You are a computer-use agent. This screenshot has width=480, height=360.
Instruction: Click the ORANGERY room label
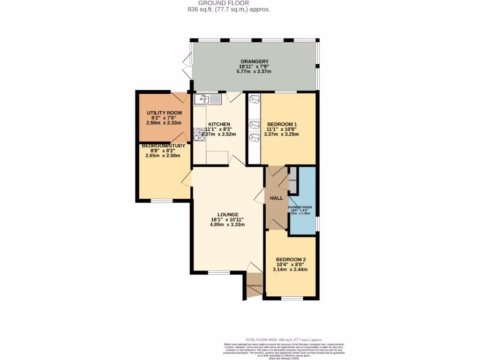click(255, 61)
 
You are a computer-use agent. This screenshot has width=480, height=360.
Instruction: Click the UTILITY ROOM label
click(164, 113)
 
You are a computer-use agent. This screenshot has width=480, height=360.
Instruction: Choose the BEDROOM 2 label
click(291, 259)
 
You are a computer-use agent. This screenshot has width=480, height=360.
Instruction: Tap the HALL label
click(276, 198)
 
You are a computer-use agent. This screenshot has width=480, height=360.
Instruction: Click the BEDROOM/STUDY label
click(164, 145)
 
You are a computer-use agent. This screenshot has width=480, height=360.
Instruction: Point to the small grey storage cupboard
click(292, 180)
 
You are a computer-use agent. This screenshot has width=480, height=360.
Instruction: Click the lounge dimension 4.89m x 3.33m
click(227, 225)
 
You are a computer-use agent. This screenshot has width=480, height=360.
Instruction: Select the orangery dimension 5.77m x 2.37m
click(255, 72)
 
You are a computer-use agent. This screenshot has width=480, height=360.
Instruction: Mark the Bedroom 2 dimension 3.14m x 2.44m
click(291, 270)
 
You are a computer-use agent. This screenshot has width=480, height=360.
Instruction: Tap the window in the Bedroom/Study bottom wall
click(161, 201)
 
